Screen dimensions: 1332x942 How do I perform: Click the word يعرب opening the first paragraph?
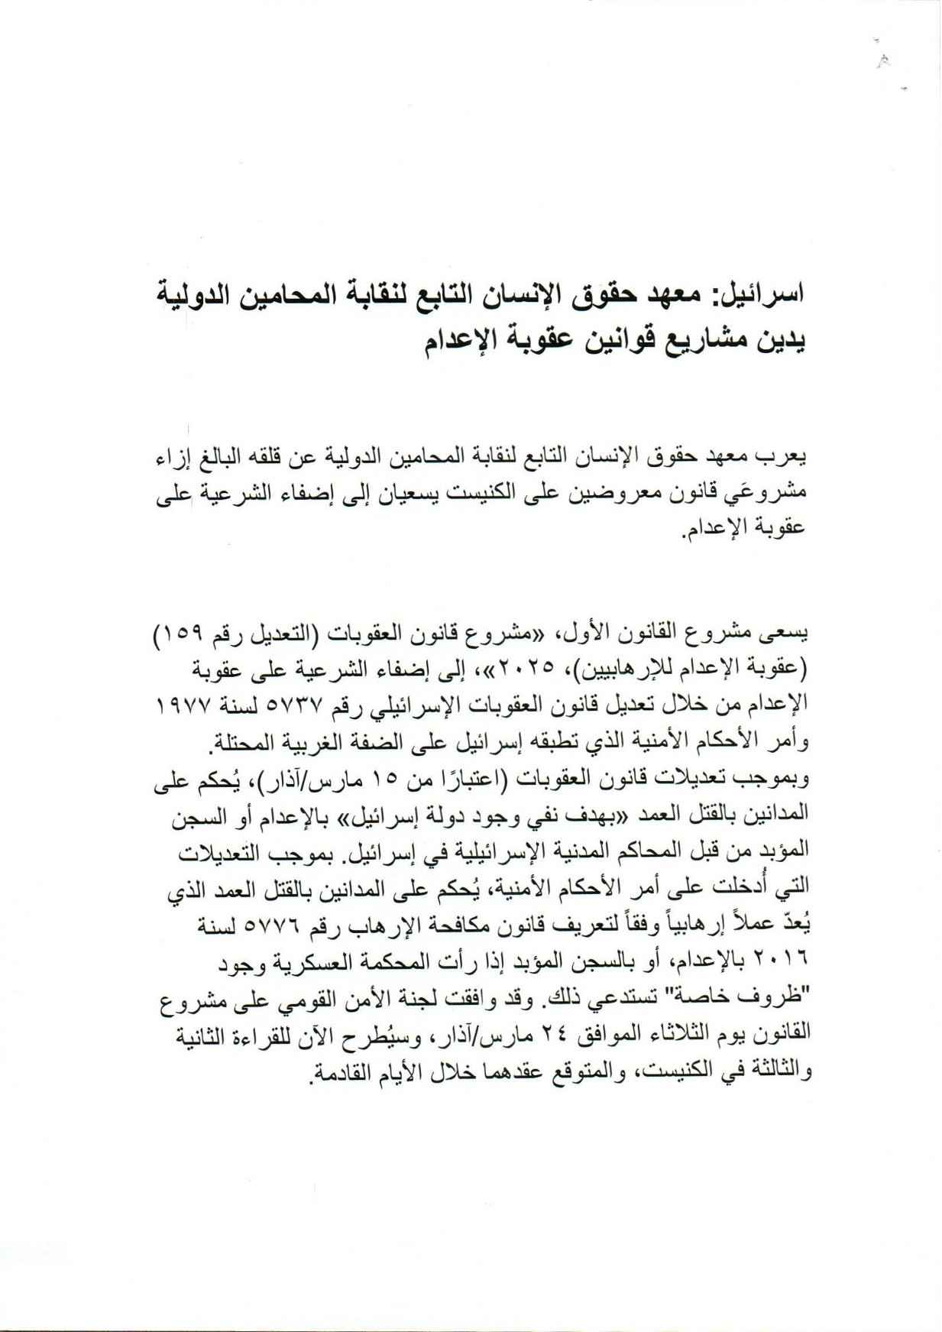tap(787, 459)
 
